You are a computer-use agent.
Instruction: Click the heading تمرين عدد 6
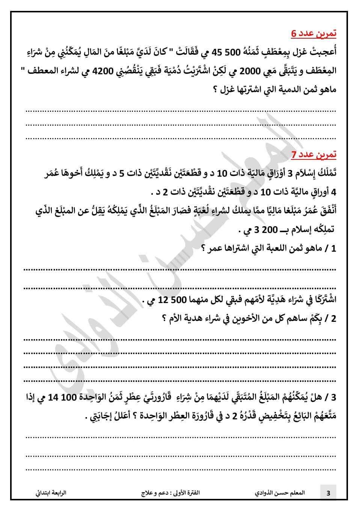(x=314, y=33)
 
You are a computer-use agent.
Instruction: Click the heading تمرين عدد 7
(x=314, y=154)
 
